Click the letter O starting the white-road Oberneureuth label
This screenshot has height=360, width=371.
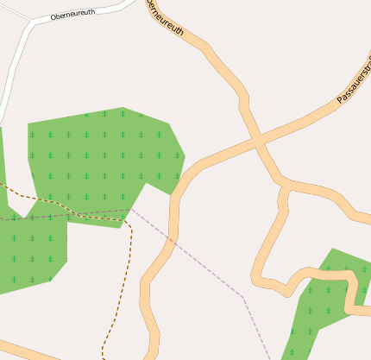pyautogui.click(x=53, y=18)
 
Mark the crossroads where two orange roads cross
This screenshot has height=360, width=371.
pyautogui.click(x=255, y=139)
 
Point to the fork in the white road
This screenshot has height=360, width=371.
pyautogui.click(x=31, y=22)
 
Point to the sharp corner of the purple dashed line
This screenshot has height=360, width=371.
pyautogui.click(x=244, y=298)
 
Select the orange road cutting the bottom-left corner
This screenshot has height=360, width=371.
pyautogui.click(x=26, y=352)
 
